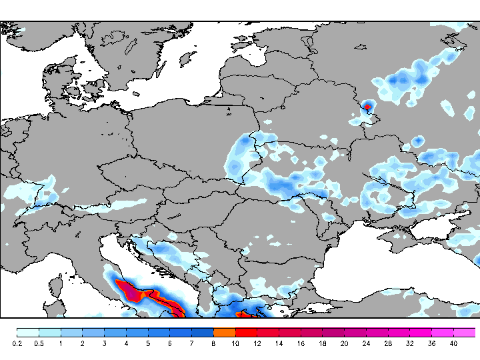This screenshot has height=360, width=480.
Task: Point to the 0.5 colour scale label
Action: [x=39, y=344]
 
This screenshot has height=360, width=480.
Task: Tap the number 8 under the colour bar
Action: [x=213, y=344]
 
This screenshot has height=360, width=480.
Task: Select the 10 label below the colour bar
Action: [x=235, y=344]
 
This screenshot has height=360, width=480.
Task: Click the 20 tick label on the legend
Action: [x=344, y=344]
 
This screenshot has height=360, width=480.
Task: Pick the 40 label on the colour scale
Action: [x=453, y=344]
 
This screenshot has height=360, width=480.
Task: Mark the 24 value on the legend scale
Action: [x=366, y=344]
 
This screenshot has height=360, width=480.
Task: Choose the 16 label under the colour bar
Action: [x=301, y=344]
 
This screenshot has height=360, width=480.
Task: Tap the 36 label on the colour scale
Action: [x=431, y=344]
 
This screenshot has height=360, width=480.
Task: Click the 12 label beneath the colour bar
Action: [x=257, y=344]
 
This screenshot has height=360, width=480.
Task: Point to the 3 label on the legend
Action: [x=104, y=344]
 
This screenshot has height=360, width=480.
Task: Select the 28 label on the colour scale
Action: [x=388, y=344]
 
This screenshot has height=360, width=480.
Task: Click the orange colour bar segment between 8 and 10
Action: [x=224, y=332]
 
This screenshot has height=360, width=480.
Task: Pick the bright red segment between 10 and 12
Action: [x=246, y=332]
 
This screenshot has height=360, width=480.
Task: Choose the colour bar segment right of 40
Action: [x=465, y=332]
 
